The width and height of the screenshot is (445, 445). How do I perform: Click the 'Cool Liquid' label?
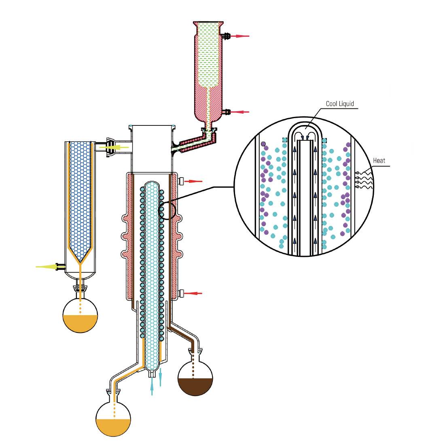tap(340, 104)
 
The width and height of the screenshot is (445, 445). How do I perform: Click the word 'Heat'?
tap(379, 161)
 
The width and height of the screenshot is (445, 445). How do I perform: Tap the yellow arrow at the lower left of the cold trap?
tap(47, 267)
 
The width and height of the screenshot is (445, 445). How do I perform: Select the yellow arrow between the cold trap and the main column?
tap(114, 147)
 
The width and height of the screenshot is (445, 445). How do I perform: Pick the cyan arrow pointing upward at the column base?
tap(152, 386)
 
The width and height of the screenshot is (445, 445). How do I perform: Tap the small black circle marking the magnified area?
tap(167, 210)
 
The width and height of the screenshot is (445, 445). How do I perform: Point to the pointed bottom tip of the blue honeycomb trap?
tap(81, 262)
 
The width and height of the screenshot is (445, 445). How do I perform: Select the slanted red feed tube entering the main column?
tap(193, 142)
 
